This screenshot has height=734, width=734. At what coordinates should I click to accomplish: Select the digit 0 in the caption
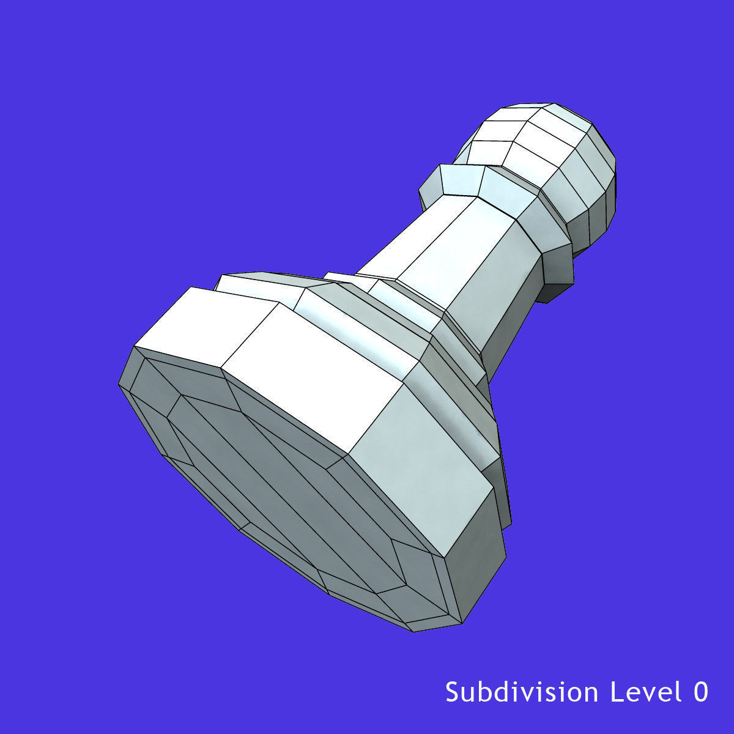(x=701, y=692)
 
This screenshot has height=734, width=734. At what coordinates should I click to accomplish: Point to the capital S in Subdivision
(x=452, y=692)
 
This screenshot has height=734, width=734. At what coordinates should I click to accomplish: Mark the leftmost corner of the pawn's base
(x=119, y=384)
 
